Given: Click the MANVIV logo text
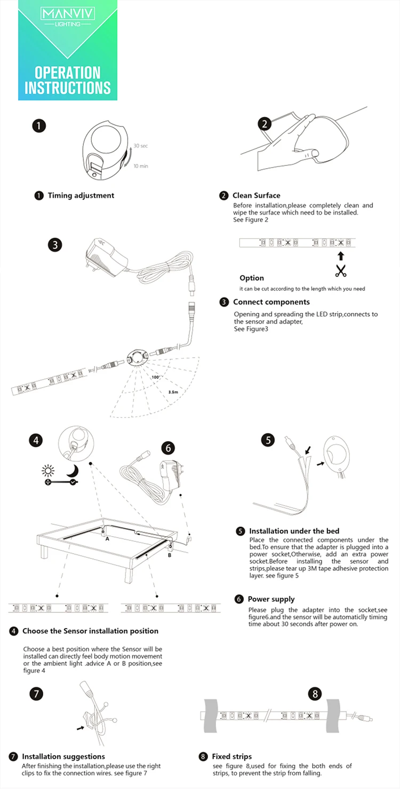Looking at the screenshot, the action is (x=68, y=14).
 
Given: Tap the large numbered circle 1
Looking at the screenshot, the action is (x=39, y=126).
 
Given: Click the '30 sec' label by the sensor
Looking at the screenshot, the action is (x=141, y=146).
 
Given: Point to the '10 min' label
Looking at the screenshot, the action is (x=141, y=166).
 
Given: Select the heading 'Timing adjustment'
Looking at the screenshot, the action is (x=81, y=195).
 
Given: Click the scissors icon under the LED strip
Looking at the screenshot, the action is (x=341, y=271).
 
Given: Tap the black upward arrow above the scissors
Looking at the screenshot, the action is (x=341, y=256).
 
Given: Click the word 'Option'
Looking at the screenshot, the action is (x=252, y=278).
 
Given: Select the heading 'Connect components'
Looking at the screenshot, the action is (x=271, y=302).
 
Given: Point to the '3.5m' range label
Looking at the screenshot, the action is (x=173, y=392).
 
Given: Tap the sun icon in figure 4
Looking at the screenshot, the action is (x=48, y=471).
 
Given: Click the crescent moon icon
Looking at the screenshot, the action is (x=74, y=471).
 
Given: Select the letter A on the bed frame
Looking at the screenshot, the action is (x=107, y=539).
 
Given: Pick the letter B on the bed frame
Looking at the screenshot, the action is (x=170, y=555).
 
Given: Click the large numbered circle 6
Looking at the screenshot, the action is (x=168, y=448).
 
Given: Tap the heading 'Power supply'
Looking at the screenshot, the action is (x=271, y=599).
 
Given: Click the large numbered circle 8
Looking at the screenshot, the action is (x=315, y=694).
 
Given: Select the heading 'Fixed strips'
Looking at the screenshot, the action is (x=232, y=756).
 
